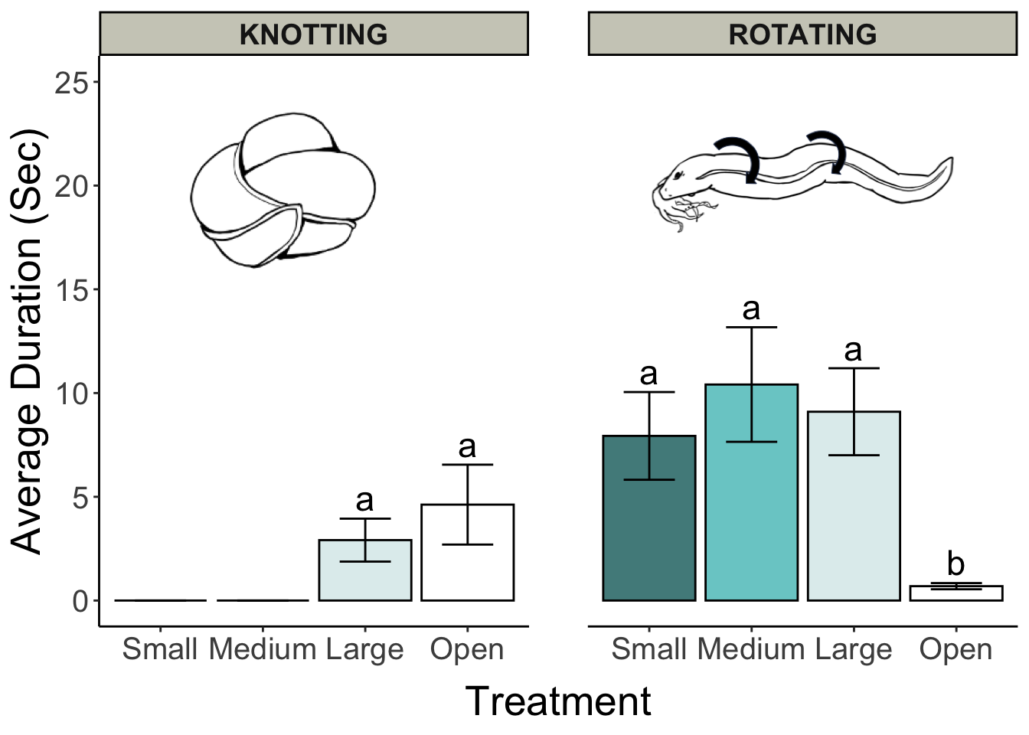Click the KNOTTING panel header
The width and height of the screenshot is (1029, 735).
point(314,34)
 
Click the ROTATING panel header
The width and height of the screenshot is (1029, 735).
point(802,34)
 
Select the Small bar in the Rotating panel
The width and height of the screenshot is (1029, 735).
point(649,518)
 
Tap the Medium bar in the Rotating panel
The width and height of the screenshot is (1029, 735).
point(752,492)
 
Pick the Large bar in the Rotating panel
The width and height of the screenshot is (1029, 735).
point(854,506)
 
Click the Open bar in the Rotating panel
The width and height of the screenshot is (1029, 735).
point(956,593)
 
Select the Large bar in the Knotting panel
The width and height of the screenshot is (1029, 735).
point(365,570)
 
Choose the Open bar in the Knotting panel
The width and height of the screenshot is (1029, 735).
point(468,552)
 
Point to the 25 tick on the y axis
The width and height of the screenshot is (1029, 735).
point(96,82)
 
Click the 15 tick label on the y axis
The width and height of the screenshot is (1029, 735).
point(71,290)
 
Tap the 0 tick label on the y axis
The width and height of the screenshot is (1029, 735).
point(80,601)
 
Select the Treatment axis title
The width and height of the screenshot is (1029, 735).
point(558,701)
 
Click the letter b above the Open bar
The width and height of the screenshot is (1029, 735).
point(956,563)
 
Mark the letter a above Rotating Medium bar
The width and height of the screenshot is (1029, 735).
point(752,309)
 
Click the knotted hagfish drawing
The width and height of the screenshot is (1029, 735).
point(283,190)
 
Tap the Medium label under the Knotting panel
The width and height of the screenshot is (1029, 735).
point(263,649)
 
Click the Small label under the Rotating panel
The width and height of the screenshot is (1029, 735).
point(648,649)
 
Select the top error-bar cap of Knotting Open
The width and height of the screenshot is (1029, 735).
point(468,465)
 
